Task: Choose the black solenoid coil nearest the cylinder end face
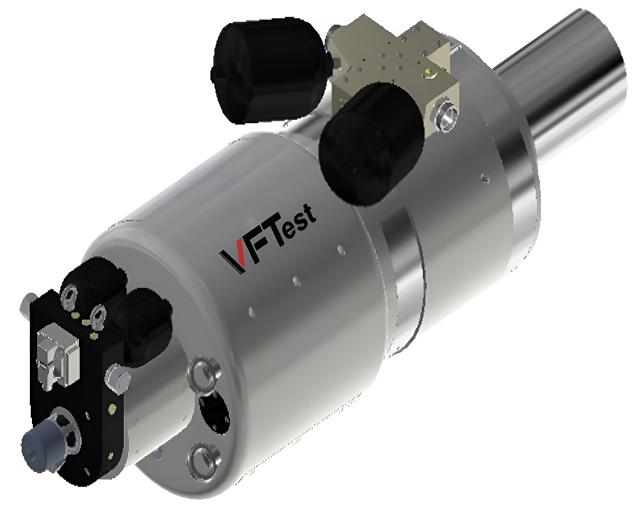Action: pyautogui.click(x=145, y=318)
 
